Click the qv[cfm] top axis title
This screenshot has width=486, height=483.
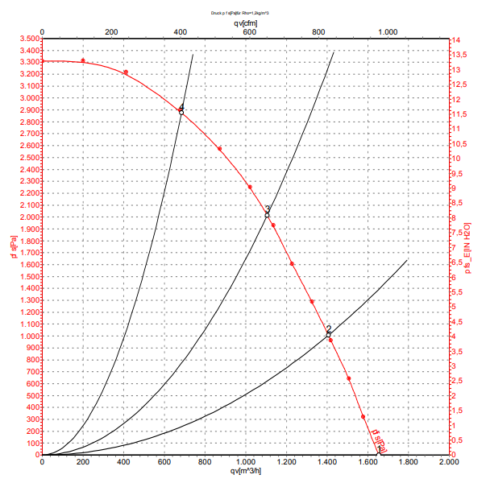(x=245, y=23)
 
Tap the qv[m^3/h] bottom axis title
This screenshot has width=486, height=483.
(x=245, y=471)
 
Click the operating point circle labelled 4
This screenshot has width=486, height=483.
(x=181, y=113)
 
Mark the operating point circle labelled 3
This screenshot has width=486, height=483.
(x=267, y=215)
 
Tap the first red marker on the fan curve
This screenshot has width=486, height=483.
(x=83, y=61)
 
